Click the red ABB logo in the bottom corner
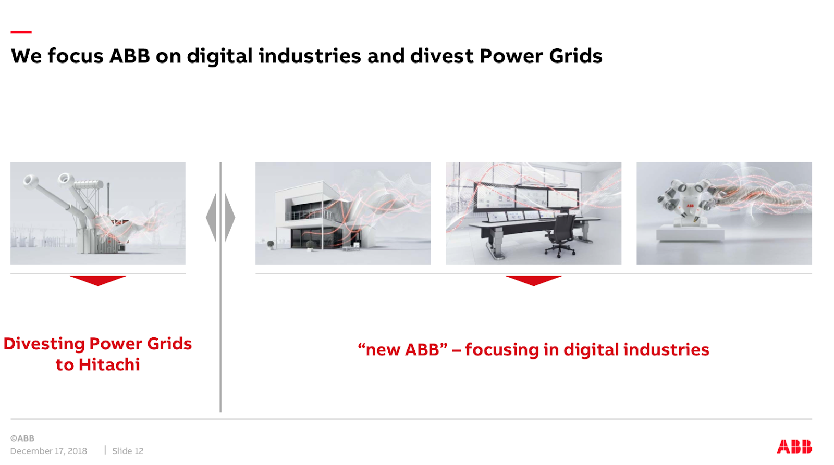click(794, 446)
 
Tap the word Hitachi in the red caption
click(109, 365)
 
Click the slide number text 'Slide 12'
click(128, 451)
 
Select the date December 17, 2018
click(48, 451)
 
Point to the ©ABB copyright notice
click(22, 438)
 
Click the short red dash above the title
click(21, 32)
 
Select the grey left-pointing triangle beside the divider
click(212, 218)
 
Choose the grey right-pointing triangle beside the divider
click(229, 218)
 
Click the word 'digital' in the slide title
click(219, 57)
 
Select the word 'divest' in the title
click(442, 56)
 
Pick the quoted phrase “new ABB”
click(402, 350)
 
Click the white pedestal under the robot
click(690, 233)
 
